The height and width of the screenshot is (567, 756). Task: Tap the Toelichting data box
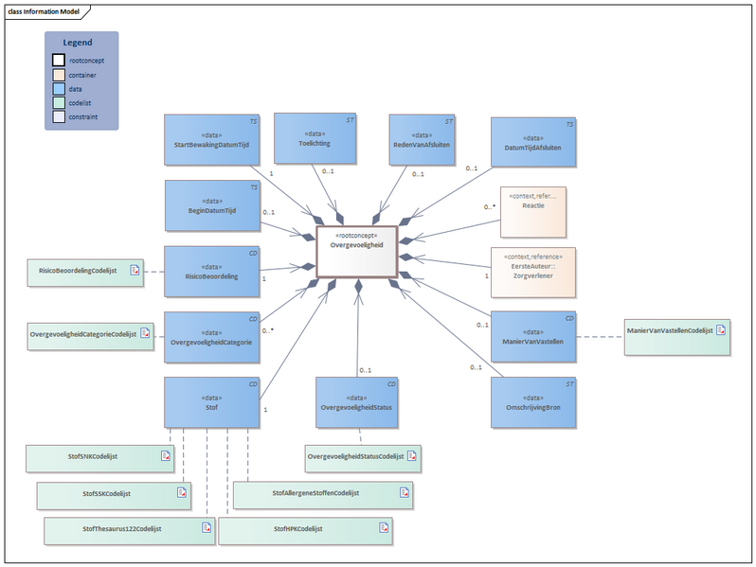coord(315,138)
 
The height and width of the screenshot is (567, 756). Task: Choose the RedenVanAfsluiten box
coord(422,140)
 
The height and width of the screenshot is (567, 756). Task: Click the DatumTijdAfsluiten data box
coord(532,144)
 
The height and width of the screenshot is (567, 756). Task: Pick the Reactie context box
coord(532,211)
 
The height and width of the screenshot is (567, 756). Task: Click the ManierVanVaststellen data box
coord(532,337)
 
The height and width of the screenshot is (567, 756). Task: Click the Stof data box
coord(211,403)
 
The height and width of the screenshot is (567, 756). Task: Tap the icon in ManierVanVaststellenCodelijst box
coord(720,330)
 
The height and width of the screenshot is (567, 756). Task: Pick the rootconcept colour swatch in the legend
coord(59,61)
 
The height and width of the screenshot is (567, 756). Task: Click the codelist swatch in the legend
coord(59,103)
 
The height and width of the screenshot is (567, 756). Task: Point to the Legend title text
coord(78,43)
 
